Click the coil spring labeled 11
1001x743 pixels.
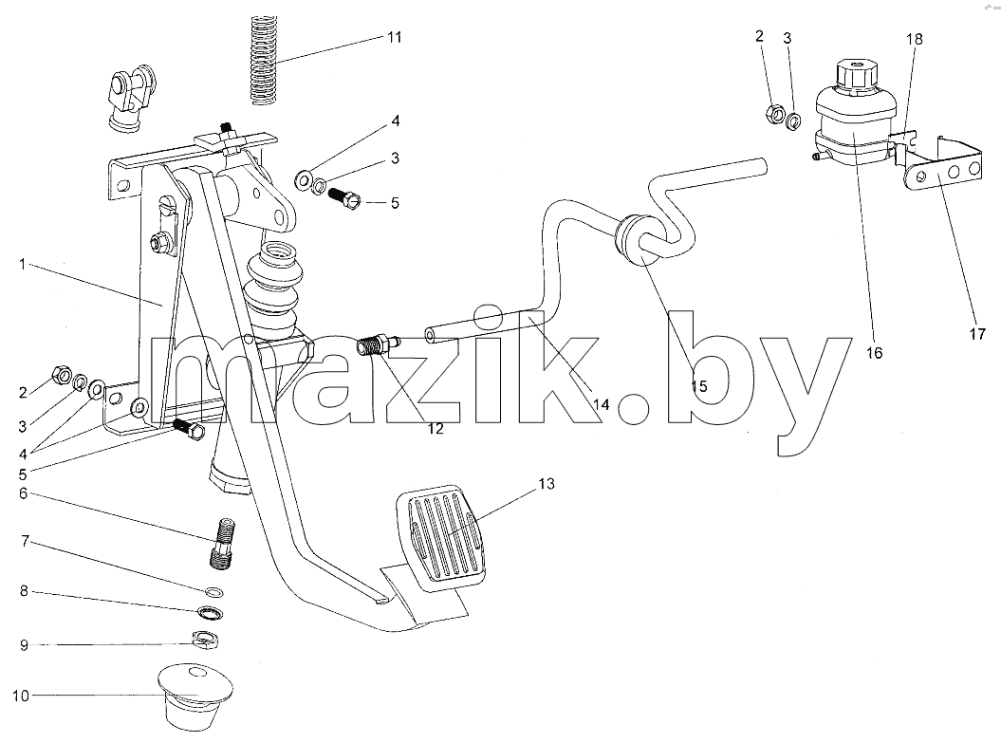pyautogui.click(x=262, y=60)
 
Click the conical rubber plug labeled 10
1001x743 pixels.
pyautogui.click(x=195, y=697)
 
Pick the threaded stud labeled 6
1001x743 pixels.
pyautogui.click(x=223, y=543)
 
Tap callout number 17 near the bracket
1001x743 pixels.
pyautogui.click(x=977, y=333)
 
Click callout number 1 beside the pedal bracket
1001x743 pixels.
pyautogui.click(x=23, y=264)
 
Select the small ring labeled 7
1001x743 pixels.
pyautogui.click(x=215, y=591)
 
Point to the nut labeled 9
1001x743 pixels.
pyautogui.click(x=206, y=639)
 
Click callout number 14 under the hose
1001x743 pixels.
pyautogui.click(x=602, y=404)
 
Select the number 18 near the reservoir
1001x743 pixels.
pyautogui.click(x=914, y=39)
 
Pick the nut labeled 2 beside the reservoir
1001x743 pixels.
pyautogui.click(x=773, y=115)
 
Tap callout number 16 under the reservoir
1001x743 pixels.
pyautogui.click(x=874, y=352)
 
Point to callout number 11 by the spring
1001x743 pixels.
pyautogui.click(x=395, y=37)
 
